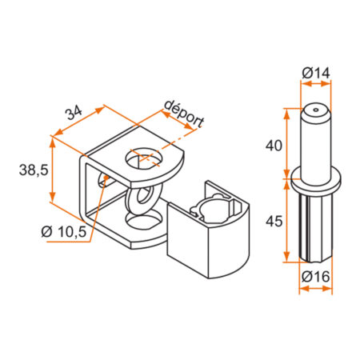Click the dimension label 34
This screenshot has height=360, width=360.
pos(74,113)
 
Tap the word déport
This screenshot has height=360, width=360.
pos(184,113)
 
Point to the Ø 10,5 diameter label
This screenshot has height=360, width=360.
pos(64,232)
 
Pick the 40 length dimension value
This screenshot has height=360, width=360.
pos(274,147)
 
